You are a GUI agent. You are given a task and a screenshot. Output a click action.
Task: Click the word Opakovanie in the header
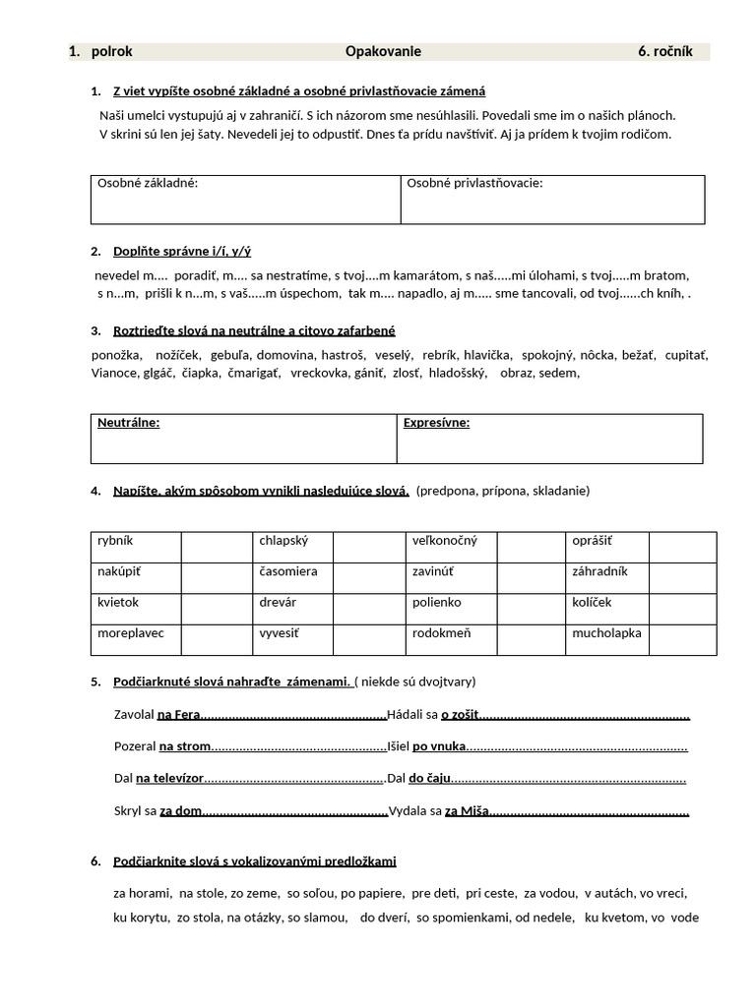(x=383, y=52)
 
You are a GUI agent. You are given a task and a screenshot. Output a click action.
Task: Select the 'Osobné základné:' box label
(x=147, y=183)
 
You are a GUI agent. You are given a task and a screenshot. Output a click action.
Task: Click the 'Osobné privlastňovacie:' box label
(x=474, y=183)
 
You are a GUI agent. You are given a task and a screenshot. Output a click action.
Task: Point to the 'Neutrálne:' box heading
(x=128, y=423)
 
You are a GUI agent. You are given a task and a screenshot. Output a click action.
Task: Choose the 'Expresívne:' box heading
(x=436, y=423)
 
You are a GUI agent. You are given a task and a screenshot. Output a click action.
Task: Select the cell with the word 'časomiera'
(x=288, y=571)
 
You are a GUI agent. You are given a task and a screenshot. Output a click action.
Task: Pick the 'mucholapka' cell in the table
(x=606, y=633)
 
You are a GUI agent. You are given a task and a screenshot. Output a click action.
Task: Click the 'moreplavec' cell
(x=131, y=633)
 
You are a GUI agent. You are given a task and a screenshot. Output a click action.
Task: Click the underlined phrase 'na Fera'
(x=178, y=714)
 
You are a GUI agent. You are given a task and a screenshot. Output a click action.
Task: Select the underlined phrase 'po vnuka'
(x=439, y=746)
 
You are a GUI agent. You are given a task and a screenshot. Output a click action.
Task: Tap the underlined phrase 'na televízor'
(x=169, y=779)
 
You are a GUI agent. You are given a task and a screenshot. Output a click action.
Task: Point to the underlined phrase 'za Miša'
(x=467, y=811)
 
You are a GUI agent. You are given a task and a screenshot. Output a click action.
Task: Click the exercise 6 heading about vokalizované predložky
(x=254, y=861)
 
